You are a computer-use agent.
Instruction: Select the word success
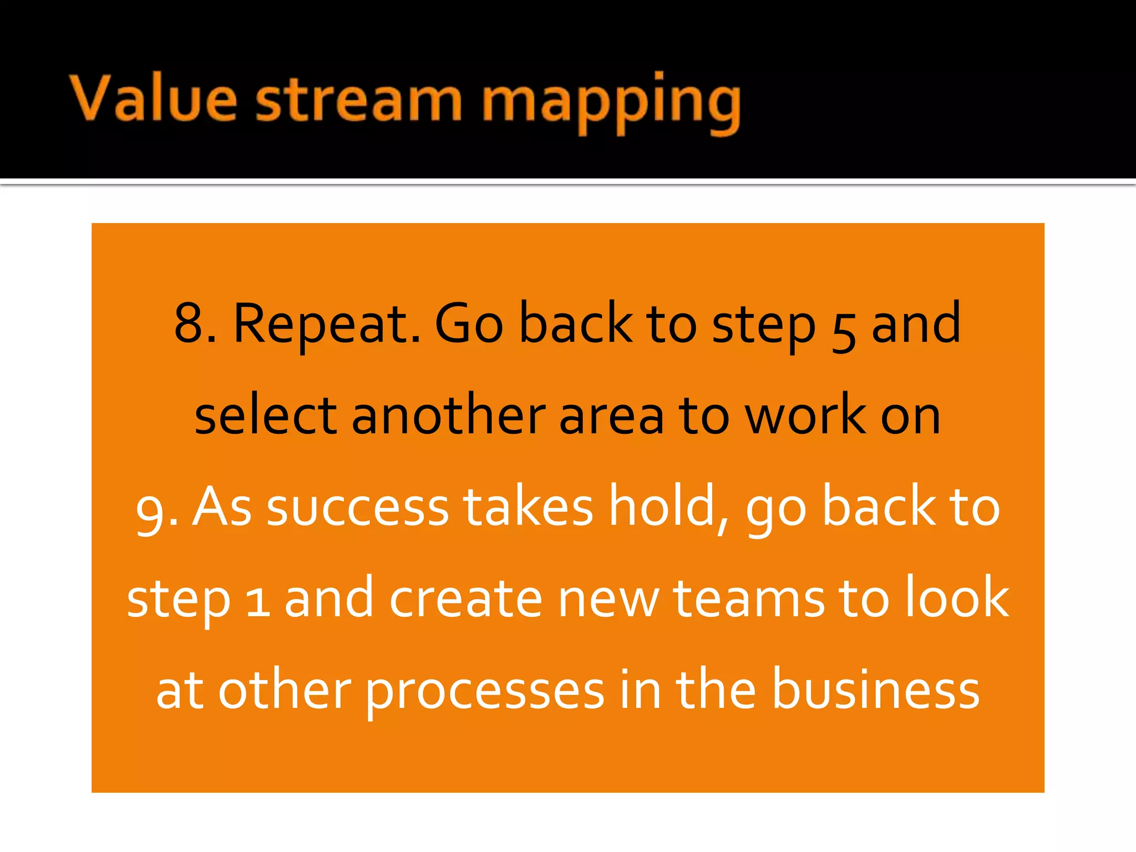click(x=357, y=508)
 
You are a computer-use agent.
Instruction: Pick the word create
click(x=465, y=599)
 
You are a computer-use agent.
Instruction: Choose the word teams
click(x=749, y=599)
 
